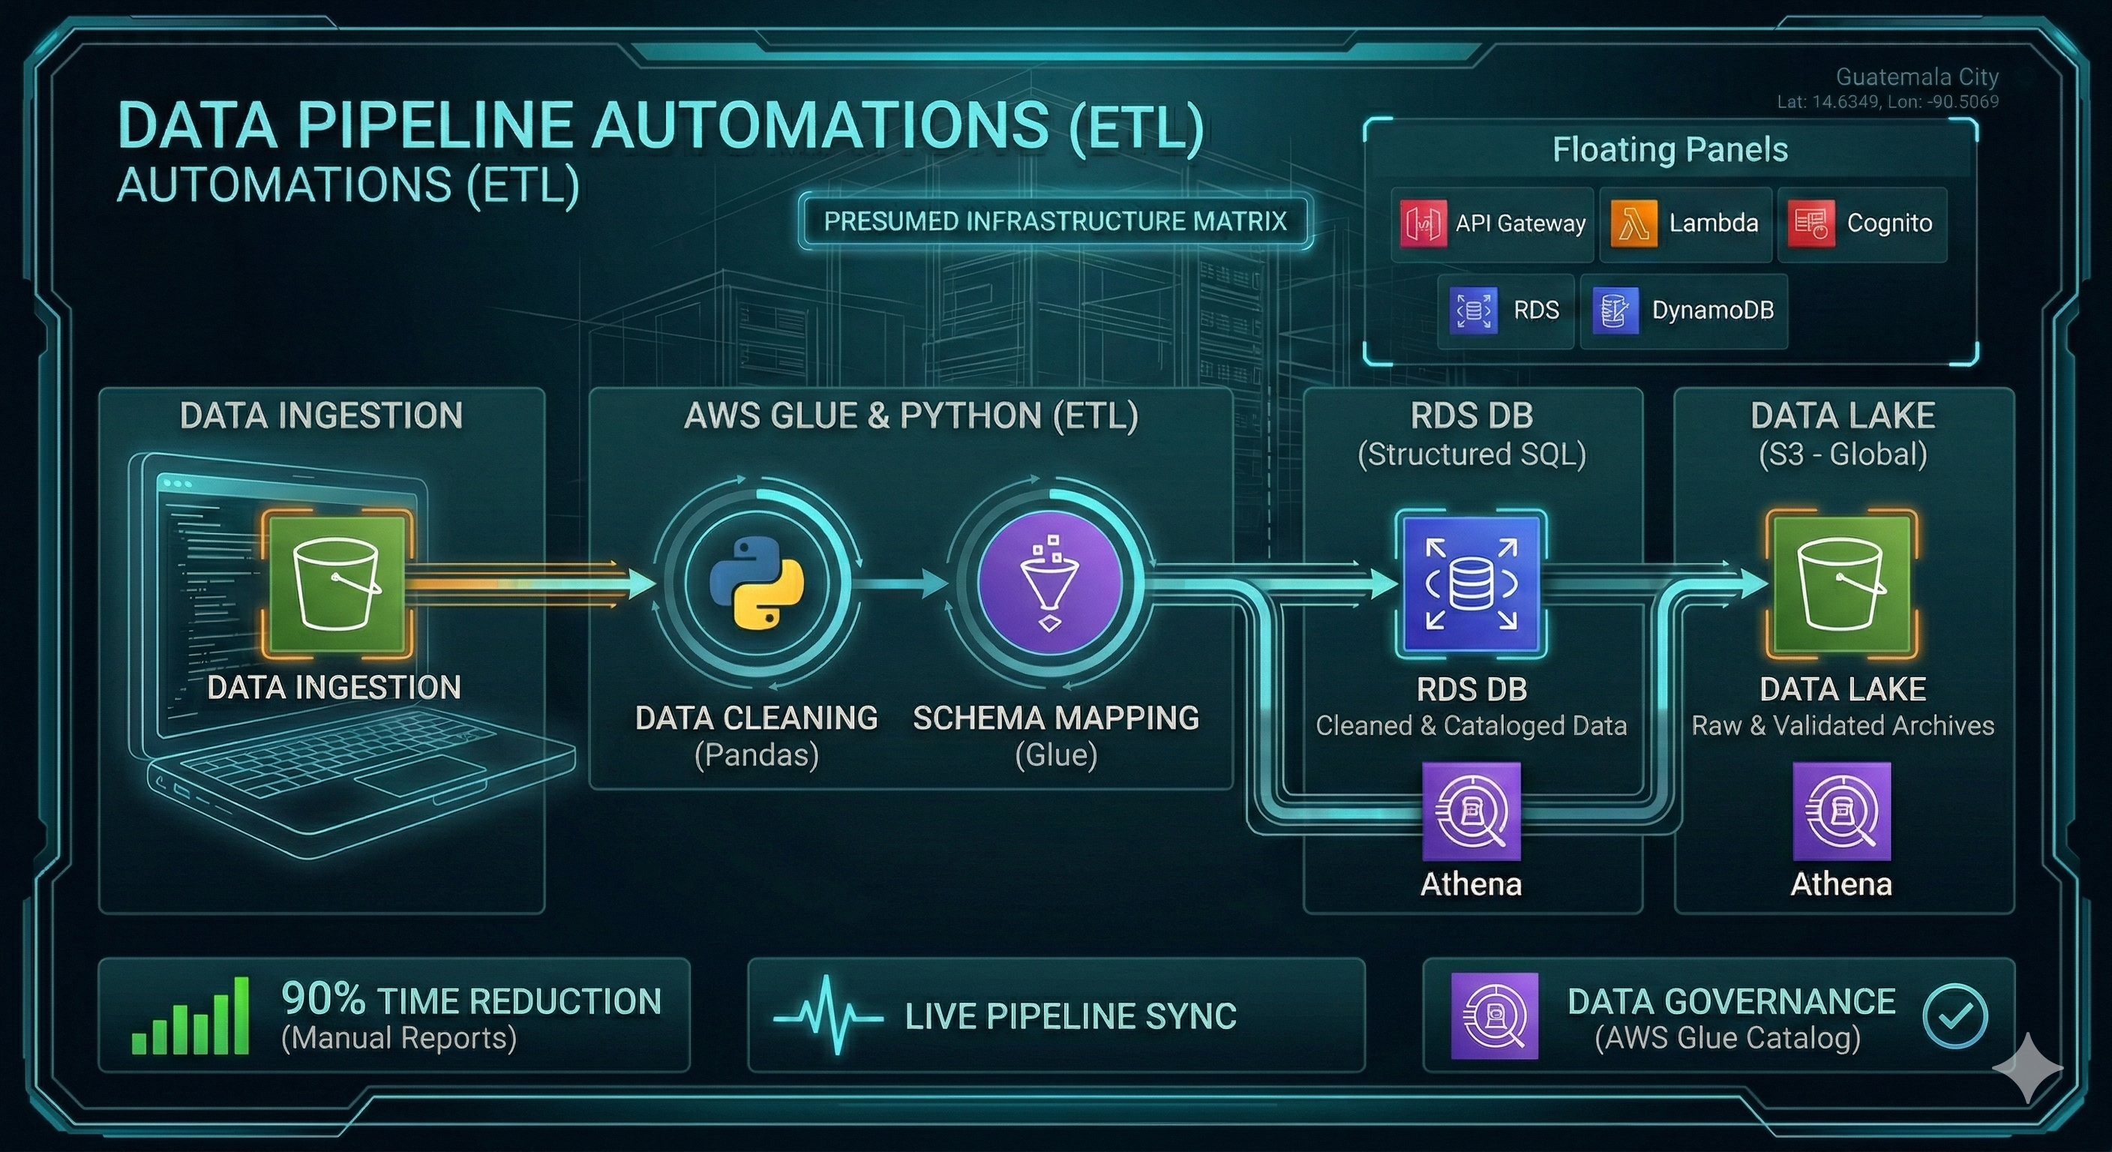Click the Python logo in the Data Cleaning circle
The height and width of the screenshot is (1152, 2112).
tap(757, 583)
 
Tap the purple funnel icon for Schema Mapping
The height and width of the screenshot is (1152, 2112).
tap(1049, 583)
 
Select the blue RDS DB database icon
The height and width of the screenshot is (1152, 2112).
tap(1471, 583)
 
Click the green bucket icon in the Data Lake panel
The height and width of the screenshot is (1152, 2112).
tap(1840, 583)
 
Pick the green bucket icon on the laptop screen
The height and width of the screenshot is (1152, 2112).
tap(336, 583)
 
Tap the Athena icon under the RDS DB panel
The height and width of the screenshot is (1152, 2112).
tap(1471, 811)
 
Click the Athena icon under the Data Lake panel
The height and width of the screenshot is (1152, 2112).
tap(1841, 811)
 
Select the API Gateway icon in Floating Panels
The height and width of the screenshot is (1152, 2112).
tap(1423, 223)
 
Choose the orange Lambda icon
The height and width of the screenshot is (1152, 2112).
tap(1633, 223)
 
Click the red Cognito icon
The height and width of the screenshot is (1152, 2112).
tap(1810, 223)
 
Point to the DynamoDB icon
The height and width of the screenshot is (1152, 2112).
tap(1614, 310)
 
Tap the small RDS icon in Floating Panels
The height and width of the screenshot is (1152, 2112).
tap(1472, 310)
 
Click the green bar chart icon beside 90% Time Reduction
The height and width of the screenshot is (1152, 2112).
tap(190, 1016)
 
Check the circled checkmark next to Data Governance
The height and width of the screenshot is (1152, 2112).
tap(1954, 1016)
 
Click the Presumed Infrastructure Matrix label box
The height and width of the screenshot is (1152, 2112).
tap(1054, 221)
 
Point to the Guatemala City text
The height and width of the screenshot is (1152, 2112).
tap(1916, 77)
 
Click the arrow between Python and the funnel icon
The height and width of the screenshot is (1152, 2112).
tap(900, 583)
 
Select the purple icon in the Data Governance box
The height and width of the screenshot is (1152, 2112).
tap(1494, 1016)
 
